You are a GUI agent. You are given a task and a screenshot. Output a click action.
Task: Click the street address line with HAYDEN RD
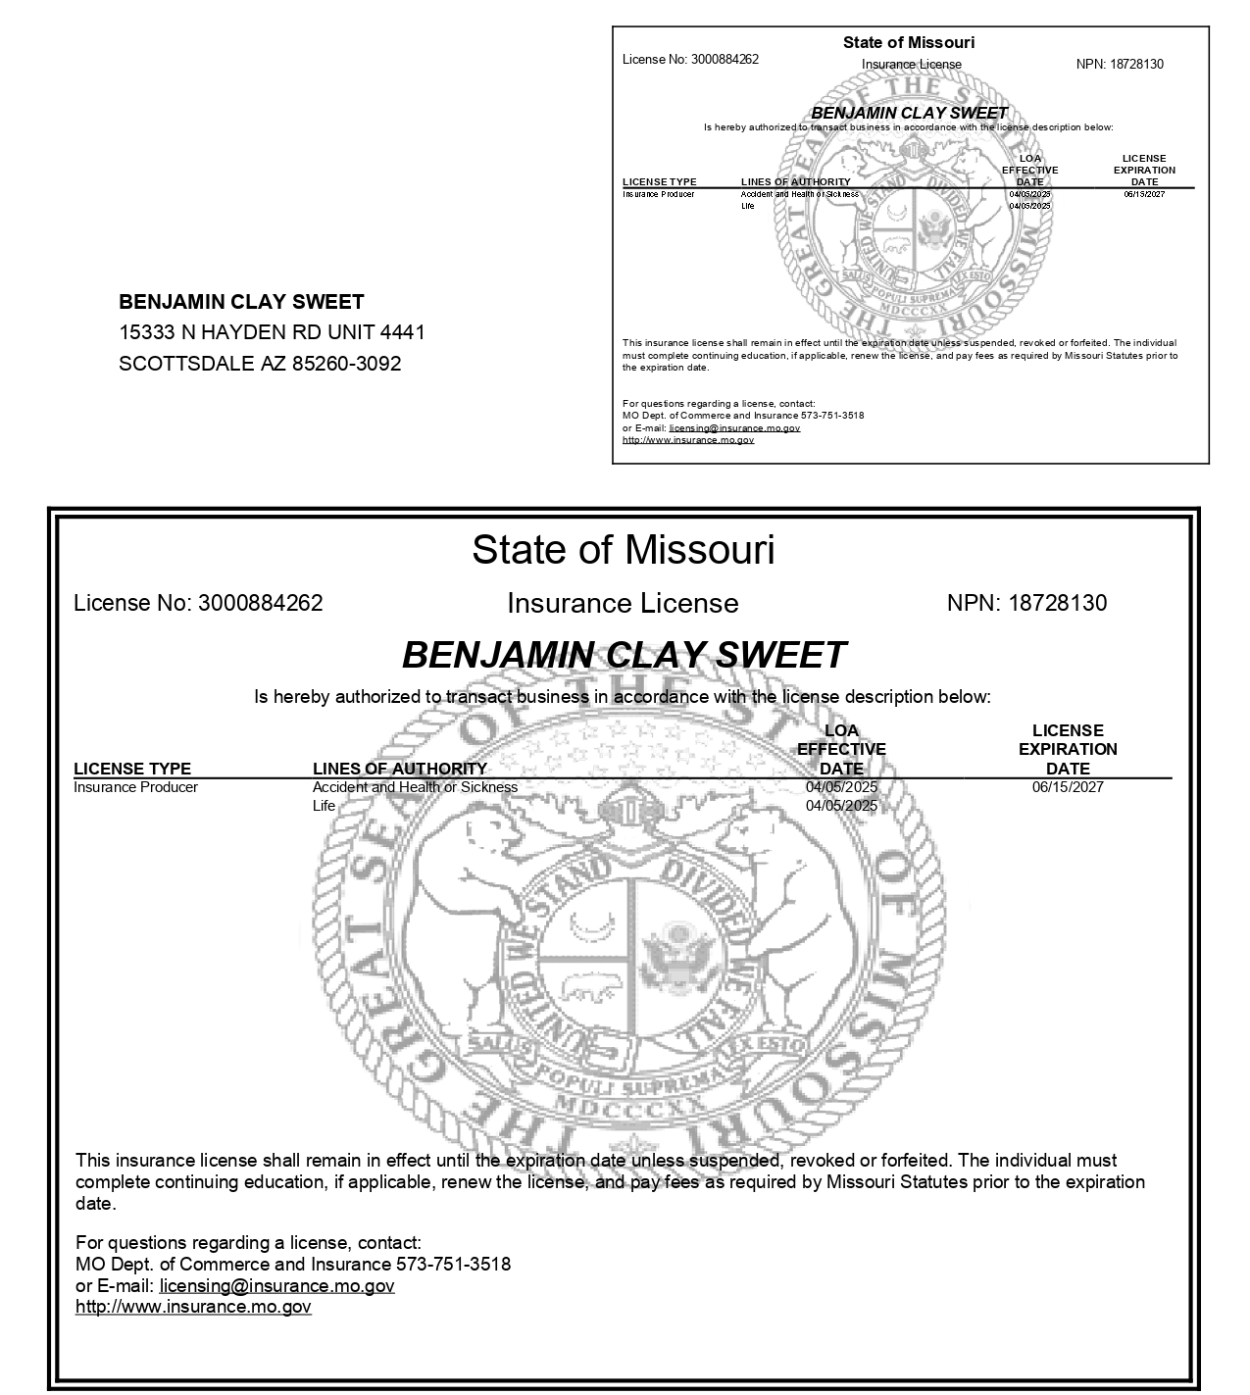click(272, 332)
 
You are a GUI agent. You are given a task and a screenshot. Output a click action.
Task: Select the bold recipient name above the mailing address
click(241, 302)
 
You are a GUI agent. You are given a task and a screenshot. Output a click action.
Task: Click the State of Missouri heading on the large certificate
click(623, 550)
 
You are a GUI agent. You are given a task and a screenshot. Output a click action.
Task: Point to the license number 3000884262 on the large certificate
click(260, 603)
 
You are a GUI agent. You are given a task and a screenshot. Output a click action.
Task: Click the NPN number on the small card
click(1136, 65)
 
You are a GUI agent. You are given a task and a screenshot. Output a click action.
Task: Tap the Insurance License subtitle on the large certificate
click(623, 604)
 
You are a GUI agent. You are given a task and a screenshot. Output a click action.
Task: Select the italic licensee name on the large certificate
click(624, 655)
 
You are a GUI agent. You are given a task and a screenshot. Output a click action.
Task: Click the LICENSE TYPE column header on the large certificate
click(132, 769)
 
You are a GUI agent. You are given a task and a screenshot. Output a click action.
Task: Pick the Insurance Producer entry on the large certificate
click(135, 787)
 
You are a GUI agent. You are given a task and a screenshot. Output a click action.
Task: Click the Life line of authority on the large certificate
click(324, 806)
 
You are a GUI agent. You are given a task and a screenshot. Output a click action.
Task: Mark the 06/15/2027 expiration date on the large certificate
click(1068, 787)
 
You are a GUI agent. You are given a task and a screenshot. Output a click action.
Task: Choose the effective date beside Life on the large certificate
click(841, 806)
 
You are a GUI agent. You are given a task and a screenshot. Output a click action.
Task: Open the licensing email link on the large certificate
click(276, 1286)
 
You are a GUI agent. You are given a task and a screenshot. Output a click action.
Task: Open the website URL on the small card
click(688, 440)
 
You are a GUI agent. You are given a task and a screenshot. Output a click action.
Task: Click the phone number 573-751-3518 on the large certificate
click(453, 1265)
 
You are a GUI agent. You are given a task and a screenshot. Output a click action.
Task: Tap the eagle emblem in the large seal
click(676, 951)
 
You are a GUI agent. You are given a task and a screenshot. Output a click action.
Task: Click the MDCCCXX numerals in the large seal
click(627, 1105)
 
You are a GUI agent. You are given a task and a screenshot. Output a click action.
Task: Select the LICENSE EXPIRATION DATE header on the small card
click(1144, 170)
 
